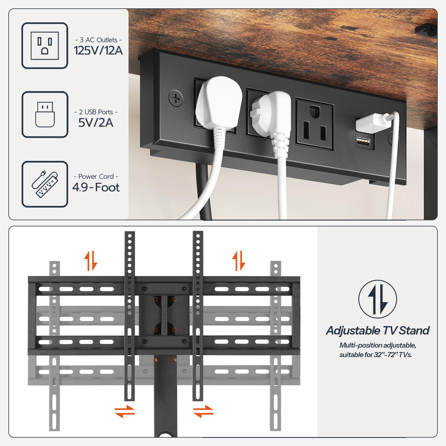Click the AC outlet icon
(x=45, y=46)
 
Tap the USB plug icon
(x=45, y=114)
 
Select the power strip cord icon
(x=45, y=184)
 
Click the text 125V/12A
(x=98, y=50)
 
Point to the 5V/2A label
(x=96, y=122)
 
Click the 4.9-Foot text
(x=96, y=187)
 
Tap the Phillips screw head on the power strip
(x=176, y=98)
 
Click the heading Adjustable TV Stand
(x=378, y=330)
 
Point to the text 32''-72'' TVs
(x=393, y=355)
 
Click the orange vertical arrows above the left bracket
(x=90, y=260)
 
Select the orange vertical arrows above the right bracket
(x=238, y=260)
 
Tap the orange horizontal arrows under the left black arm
(x=125, y=411)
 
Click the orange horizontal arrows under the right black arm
(x=203, y=411)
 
